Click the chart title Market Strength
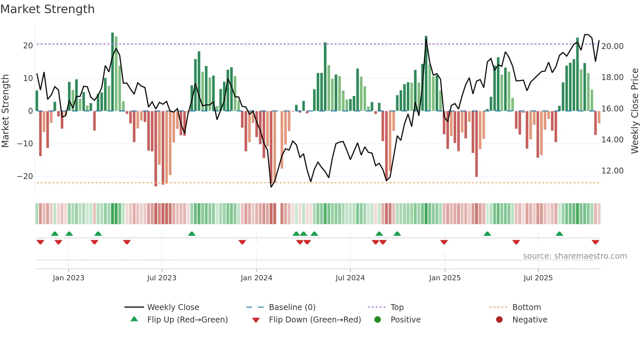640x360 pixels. pos(48,9)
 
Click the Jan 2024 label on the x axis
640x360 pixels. pos(256,278)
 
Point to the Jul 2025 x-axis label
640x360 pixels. pos(538,278)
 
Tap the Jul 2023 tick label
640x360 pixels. pos(162,278)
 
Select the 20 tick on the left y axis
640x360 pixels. pos(28,46)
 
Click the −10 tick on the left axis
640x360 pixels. pos(25,144)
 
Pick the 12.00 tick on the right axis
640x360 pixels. pos(612,171)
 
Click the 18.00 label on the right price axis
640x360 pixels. pos(612,77)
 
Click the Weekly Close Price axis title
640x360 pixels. pos(634,111)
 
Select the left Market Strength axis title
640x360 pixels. pos(6,111)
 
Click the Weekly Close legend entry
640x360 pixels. pos(173,307)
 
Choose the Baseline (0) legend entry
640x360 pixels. pos(292,307)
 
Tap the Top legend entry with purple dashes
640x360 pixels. pos(397,307)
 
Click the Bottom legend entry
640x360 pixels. pos(526,307)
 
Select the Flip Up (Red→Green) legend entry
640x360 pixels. pos(187,320)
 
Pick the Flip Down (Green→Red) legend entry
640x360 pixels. pos(315,320)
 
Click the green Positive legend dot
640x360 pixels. pos(377,320)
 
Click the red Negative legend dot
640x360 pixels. pos(499,320)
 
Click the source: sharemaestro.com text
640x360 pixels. pos(575,256)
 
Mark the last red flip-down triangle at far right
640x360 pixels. pos(595,242)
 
